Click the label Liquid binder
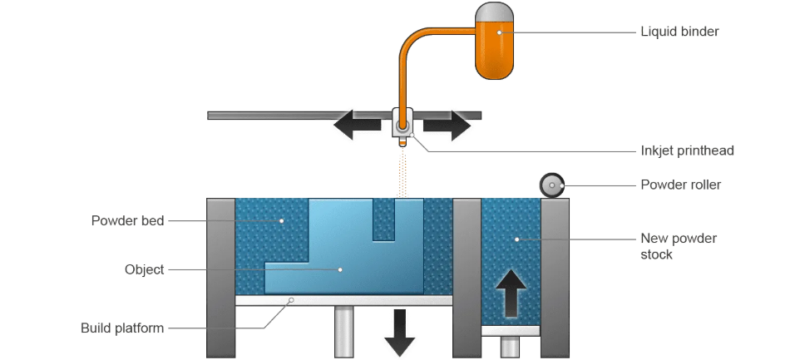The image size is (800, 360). click(679, 32)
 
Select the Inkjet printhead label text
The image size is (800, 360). click(687, 150)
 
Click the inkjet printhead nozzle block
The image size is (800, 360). click(402, 126)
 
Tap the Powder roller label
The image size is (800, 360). click(680, 185)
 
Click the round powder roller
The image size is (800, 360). click(551, 185)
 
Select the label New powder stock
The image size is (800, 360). click(678, 246)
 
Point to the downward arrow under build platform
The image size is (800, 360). click(400, 332)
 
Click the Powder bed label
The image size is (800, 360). click(127, 220)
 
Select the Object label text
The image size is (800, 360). click(144, 269)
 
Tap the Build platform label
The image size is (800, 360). click(122, 328)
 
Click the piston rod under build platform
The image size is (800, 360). click(343, 332)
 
